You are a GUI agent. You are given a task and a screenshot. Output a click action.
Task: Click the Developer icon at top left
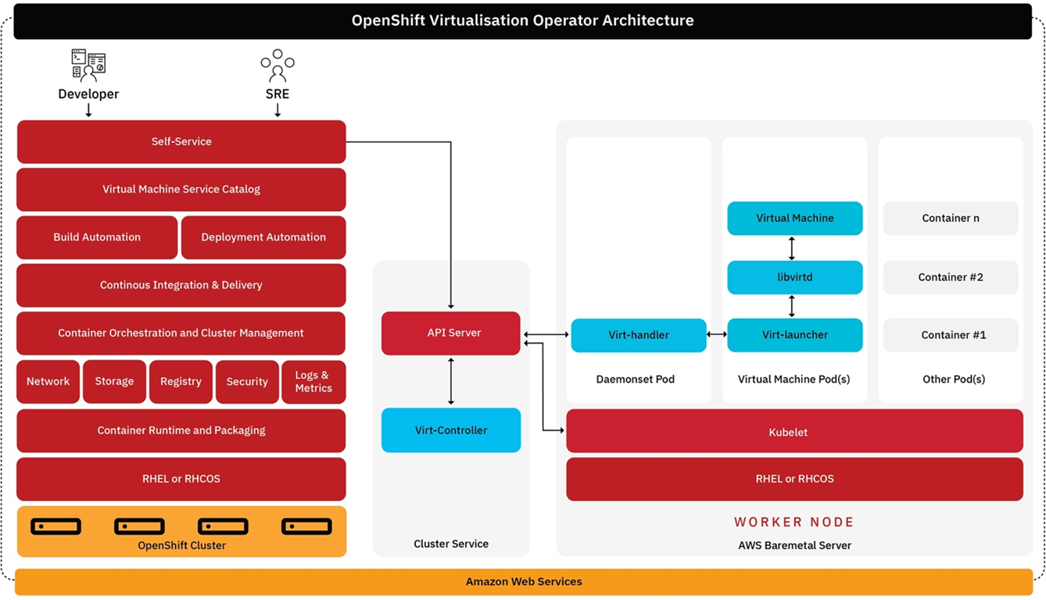[88, 66]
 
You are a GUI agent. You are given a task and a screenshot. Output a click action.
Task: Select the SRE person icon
[278, 66]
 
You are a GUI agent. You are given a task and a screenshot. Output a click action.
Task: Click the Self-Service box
[181, 141]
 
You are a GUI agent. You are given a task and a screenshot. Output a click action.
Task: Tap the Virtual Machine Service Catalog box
[181, 189]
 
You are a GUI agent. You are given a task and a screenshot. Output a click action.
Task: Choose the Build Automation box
[97, 237]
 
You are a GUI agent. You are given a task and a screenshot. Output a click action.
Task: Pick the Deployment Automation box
[263, 237]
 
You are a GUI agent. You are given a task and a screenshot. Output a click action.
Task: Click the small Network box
[48, 381]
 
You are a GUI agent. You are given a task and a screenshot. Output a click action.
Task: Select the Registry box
[181, 381]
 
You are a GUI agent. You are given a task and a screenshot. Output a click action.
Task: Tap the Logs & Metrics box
[313, 381]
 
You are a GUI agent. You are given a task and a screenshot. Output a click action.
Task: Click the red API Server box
[451, 333]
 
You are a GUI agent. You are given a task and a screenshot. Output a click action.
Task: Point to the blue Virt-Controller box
[451, 430]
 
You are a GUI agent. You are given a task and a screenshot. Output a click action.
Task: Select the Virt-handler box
[639, 335]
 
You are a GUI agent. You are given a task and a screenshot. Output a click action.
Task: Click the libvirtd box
[795, 277]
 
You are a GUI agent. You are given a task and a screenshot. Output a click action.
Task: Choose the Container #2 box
[951, 277]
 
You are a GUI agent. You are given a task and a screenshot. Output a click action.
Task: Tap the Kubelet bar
[794, 431]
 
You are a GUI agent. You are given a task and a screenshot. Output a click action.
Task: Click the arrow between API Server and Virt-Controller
[451, 381]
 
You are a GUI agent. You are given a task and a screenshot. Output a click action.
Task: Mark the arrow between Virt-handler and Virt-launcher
[717, 334]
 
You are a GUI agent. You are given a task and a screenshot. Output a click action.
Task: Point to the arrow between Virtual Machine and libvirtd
[792, 248]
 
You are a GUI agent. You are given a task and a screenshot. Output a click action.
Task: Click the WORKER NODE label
[793, 522]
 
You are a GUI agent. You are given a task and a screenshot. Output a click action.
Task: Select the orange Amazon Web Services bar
[524, 582]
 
